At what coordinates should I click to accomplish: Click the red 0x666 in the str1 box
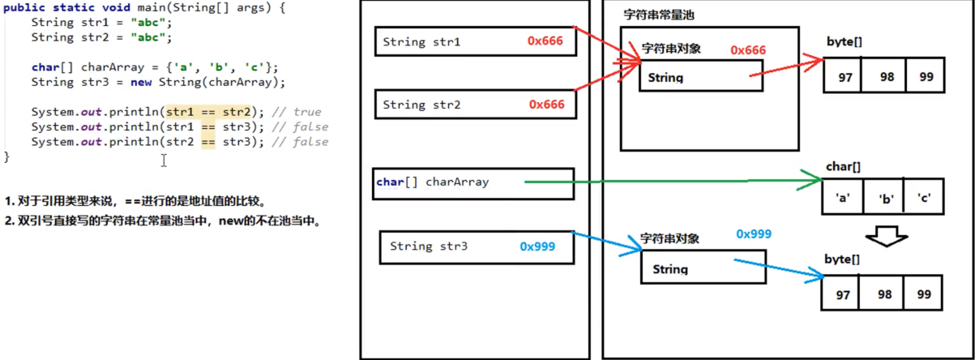pos(546,41)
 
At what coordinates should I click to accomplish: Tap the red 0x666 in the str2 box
pos(546,105)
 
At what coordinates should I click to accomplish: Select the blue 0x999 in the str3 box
pos(537,246)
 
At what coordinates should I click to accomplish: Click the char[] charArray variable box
pos(474,183)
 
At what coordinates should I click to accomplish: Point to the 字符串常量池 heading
pos(658,15)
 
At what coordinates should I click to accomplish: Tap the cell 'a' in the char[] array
pos(843,197)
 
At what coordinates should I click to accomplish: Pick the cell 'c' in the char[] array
pos(923,197)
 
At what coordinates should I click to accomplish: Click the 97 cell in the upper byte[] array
pos(845,76)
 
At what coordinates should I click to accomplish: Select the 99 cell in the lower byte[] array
pos(923,294)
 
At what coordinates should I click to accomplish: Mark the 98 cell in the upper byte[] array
pos(886,76)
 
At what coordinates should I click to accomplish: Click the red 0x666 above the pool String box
pos(747,50)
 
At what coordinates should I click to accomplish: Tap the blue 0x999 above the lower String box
pos(754,234)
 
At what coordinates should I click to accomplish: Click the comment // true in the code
pos(297,112)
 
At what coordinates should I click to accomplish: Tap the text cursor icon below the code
pos(164,161)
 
